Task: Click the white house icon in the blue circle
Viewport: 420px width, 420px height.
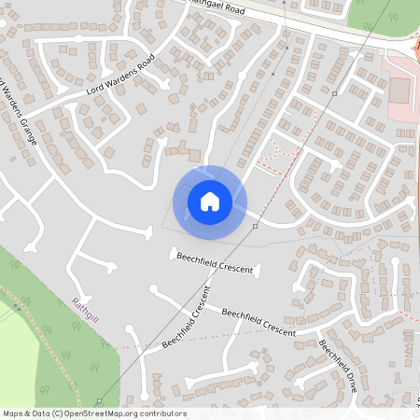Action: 210,201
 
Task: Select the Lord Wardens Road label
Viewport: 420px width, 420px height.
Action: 119,79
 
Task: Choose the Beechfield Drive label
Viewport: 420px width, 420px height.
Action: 338,364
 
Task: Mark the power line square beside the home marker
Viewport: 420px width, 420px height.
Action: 254,226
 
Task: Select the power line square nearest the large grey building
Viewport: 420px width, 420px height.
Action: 334,93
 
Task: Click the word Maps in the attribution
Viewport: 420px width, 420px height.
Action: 13,413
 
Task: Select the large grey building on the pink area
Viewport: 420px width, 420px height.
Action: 399,90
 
